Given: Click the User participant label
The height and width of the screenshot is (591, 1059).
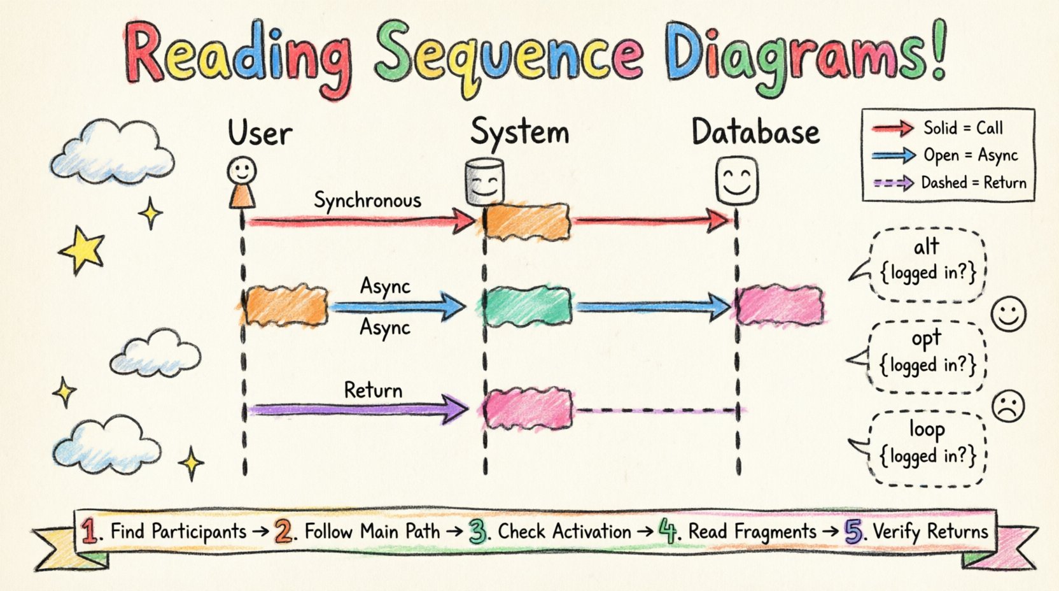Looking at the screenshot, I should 260,133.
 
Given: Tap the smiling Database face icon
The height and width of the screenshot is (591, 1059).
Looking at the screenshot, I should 736,180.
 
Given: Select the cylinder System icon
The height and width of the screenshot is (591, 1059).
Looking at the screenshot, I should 485,182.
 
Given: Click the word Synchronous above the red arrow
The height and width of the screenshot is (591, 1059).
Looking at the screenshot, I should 367,201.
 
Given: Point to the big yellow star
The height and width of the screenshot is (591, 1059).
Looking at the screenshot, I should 82,250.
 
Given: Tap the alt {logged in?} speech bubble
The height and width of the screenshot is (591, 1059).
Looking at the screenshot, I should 927,264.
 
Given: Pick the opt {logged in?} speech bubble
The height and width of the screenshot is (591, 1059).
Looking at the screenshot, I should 927,355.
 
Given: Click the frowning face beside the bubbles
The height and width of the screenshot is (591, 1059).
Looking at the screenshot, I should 1009,406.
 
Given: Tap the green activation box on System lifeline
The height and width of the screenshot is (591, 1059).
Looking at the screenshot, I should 528,307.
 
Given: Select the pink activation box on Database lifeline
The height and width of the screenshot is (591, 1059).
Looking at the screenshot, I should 780,306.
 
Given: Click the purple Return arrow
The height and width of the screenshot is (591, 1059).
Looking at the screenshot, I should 356,409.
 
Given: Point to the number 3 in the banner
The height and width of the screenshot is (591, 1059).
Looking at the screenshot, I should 479,532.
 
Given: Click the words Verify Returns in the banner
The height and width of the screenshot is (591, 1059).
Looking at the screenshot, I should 930,531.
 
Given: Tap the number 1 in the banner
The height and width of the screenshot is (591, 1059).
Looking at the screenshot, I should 90,531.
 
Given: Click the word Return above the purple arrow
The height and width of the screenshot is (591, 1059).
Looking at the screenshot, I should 373,390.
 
